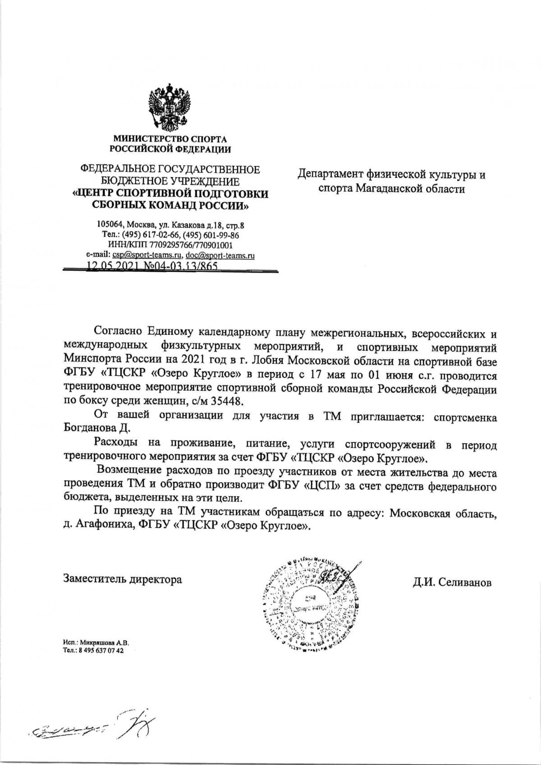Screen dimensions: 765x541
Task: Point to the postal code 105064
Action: click(x=110, y=224)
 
